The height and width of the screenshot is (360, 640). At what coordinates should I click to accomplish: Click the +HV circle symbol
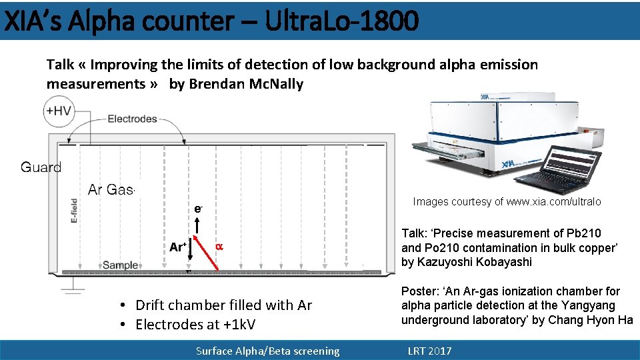click(59, 111)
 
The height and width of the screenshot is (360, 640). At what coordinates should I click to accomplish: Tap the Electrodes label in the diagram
click(132, 119)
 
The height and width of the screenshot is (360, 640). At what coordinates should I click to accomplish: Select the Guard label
click(41, 167)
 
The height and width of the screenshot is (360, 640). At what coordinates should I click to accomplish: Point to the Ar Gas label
click(111, 189)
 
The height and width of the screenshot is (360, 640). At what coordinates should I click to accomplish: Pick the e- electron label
click(198, 209)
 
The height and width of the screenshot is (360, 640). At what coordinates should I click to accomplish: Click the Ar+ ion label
click(177, 247)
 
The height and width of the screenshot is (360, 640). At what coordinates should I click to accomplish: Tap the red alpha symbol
click(218, 247)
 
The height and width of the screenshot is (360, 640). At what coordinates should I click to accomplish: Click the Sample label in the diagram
click(120, 265)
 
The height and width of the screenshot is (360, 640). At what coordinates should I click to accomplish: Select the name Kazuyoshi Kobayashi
click(475, 262)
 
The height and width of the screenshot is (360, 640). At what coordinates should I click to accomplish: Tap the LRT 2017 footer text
click(429, 351)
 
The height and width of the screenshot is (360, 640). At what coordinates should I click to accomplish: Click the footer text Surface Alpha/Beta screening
click(267, 351)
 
